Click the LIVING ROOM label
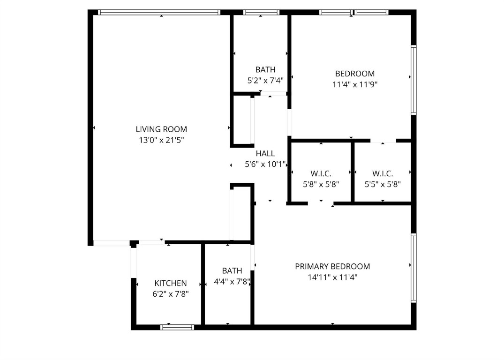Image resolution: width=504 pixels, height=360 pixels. pyautogui.click(x=161, y=129)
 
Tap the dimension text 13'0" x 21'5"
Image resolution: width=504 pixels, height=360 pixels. pyautogui.click(x=161, y=140)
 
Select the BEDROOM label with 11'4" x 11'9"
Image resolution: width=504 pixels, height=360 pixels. pyautogui.click(x=355, y=74)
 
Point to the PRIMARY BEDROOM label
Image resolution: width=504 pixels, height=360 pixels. pyautogui.click(x=332, y=266)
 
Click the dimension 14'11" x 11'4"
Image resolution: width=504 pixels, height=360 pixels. pyautogui.click(x=332, y=277)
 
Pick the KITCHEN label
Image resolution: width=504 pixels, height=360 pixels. pyautogui.click(x=171, y=283)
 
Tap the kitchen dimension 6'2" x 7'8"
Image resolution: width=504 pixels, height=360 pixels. pyautogui.click(x=171, y=294)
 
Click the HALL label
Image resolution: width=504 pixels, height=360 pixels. pyautogui.click(x=265, y=153)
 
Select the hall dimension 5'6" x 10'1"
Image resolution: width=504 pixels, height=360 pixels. pyautogui.click(x=265, y=164)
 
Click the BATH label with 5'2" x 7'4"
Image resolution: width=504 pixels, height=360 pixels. pyautogui.click(x=265, y=70)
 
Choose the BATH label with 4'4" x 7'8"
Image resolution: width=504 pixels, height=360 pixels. pyautogui.click(x=232, y=270)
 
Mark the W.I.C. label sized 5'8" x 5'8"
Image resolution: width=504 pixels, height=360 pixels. pyautogui.click(x=321, y=173)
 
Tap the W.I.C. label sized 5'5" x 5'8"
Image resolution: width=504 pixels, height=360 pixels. pyautogui.click(x=383, y=173)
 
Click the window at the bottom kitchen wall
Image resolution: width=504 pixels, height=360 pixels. pyautogui.click(x=177, y=327)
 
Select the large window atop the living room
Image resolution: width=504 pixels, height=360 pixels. pyautogui.click(x=159, y=13)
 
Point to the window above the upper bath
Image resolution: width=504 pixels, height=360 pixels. pyautogui.click(x=261, y=13)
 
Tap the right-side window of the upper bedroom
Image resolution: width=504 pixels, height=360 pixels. pyautogui.click(x=414, y=80)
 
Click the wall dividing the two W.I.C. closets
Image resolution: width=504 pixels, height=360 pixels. pyautogui.click(x=352, y=172)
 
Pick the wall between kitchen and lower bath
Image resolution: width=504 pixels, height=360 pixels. pyautogui.click(x=203, y=284)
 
